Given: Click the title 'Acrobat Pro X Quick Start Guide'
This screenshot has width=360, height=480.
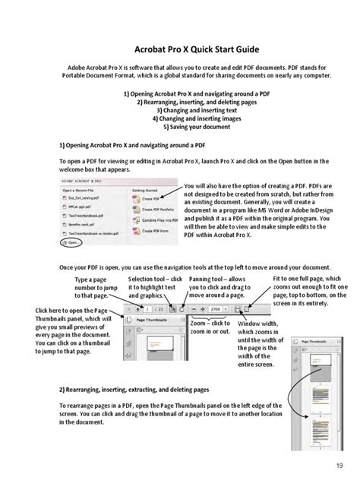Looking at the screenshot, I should (179, 45).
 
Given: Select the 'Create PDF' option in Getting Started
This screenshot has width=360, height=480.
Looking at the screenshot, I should (150, 198).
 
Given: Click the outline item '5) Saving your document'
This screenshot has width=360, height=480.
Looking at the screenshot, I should (179, 127).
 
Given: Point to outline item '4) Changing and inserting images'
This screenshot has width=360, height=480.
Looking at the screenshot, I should (179, 118).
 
